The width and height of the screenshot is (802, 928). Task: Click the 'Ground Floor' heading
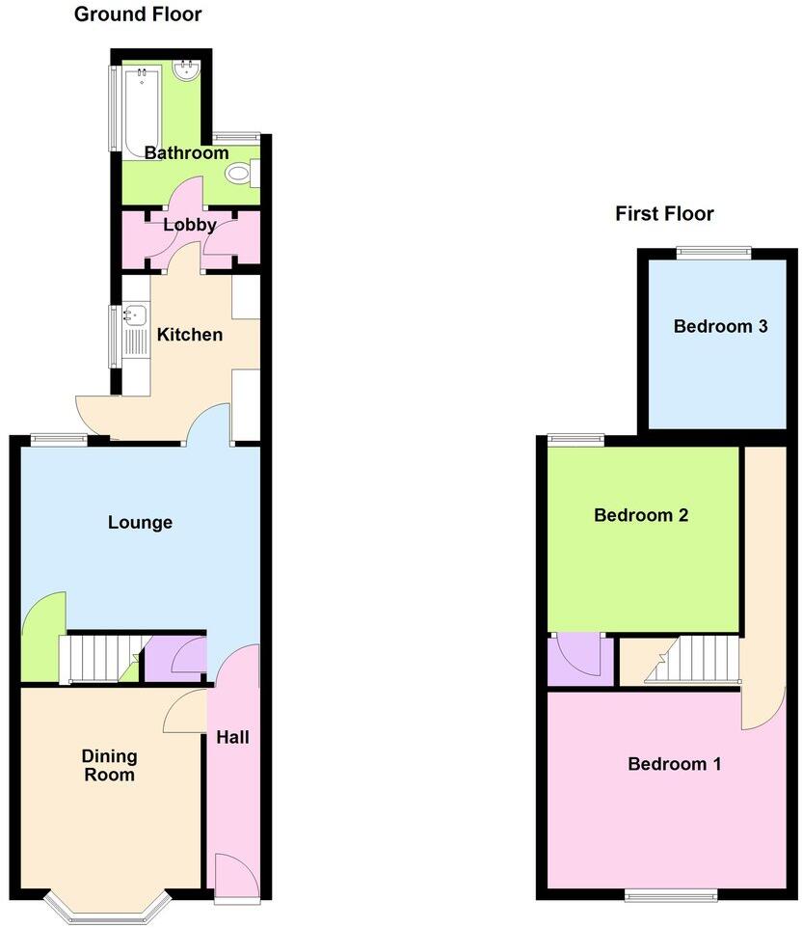point(138,14)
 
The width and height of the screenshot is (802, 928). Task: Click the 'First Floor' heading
point(664,213)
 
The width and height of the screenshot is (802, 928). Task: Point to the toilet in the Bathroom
point(239,174)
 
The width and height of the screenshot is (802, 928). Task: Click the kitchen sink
point(134,314)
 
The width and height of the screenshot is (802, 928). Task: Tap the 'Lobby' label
point(189,225)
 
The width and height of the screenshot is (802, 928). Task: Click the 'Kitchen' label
point(190,335)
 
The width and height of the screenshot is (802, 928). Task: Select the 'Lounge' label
point(140,522)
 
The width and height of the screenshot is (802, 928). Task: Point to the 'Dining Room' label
point(108,765)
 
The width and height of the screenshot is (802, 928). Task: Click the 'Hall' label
point(232,737)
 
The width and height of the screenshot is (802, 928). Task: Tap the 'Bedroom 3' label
point(720,326)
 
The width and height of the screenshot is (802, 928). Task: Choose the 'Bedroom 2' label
point(640,515)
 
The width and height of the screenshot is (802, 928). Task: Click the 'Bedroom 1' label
point(674,764)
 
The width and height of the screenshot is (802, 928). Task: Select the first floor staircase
point(691,659)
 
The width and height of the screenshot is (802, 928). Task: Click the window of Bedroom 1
point(671,894)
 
